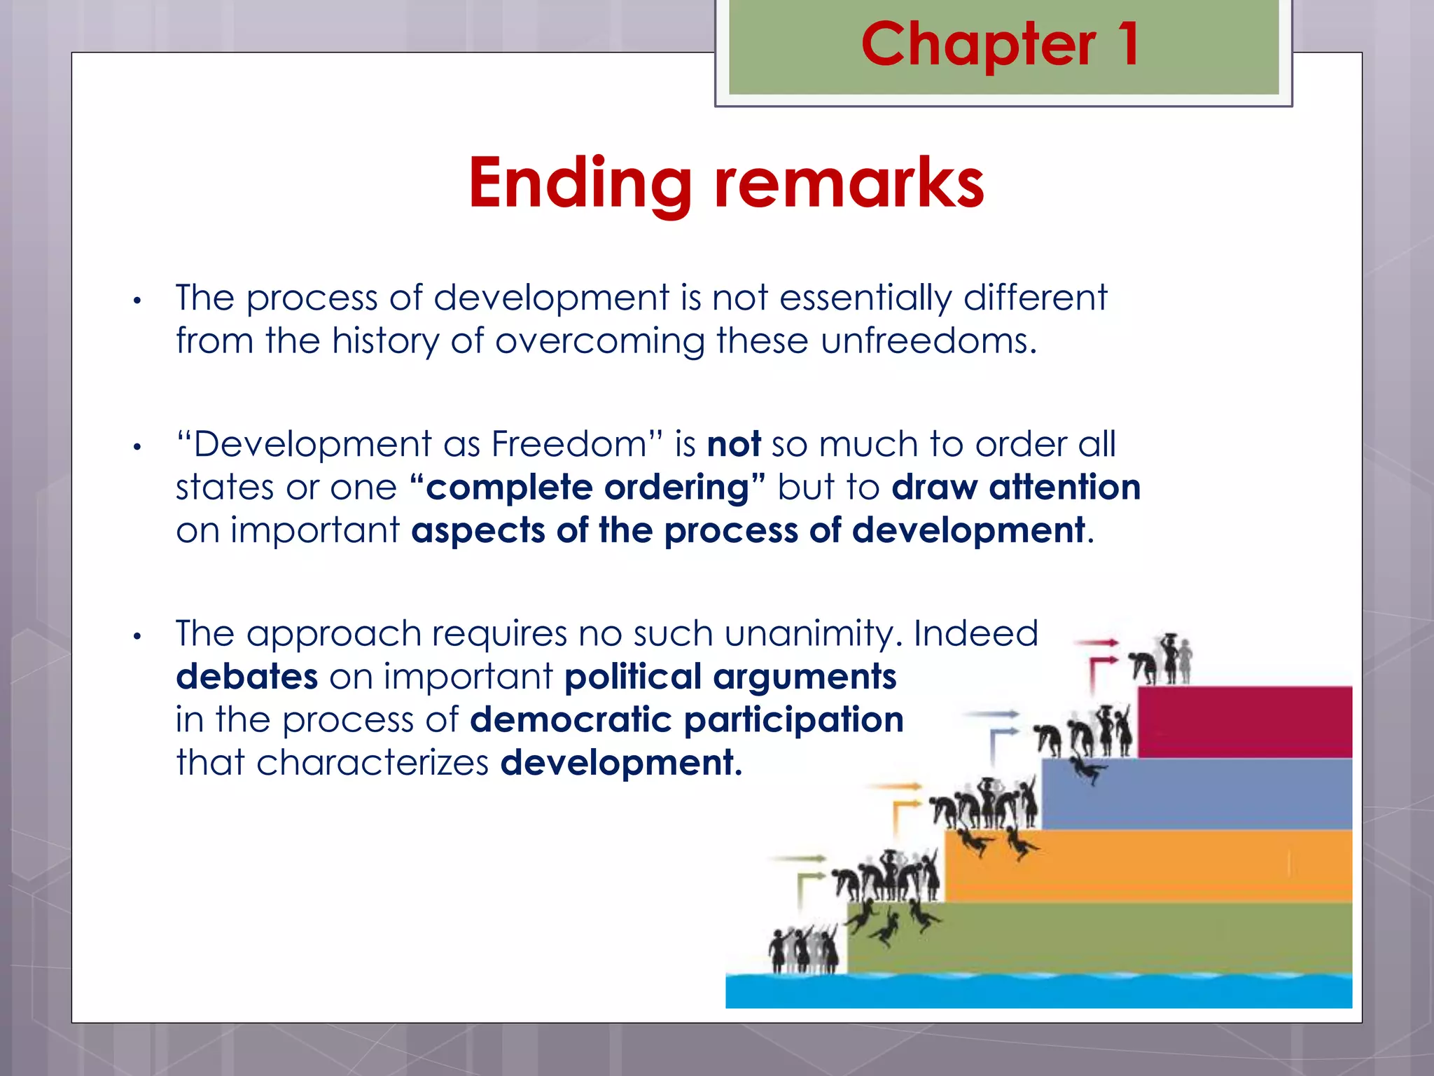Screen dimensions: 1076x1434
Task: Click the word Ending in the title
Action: click(580, 184)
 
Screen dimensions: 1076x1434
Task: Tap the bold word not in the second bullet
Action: click(734, 445)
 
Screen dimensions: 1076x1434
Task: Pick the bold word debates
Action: click(246, 677)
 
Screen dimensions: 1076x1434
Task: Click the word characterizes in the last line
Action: click(372, 763)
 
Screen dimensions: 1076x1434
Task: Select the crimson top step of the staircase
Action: click(1244, 722)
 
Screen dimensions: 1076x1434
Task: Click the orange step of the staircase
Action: click(1148, 865)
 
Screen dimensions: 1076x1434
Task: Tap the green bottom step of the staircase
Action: click(1099, 937)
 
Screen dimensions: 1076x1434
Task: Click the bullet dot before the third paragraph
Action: click(138, 637)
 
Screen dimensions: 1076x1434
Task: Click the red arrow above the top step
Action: click(1097, 642)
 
